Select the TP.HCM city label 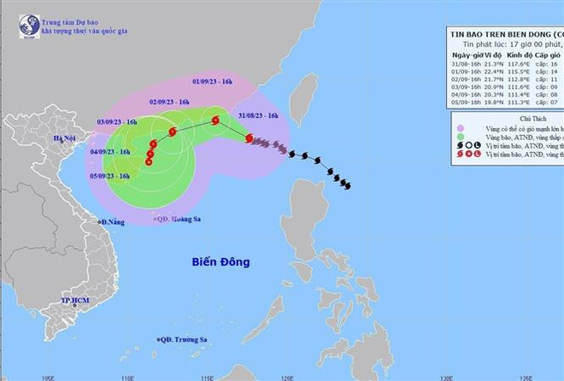click(x=75, y=302)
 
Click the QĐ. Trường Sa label click(x=184, y=339)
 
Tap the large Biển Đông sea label click(x=220, y=262)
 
